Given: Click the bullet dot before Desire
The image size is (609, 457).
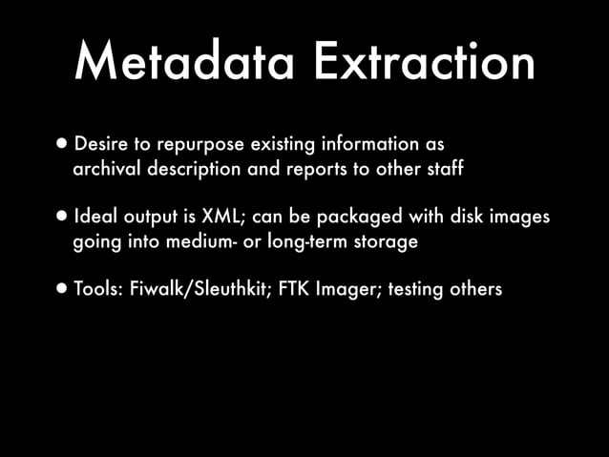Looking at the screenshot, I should [61, 144].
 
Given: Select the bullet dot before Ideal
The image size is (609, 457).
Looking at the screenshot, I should [61, 217].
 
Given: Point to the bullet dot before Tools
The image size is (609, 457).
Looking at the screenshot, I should [61, 288].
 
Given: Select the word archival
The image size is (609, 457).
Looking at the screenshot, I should [106, 170].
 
